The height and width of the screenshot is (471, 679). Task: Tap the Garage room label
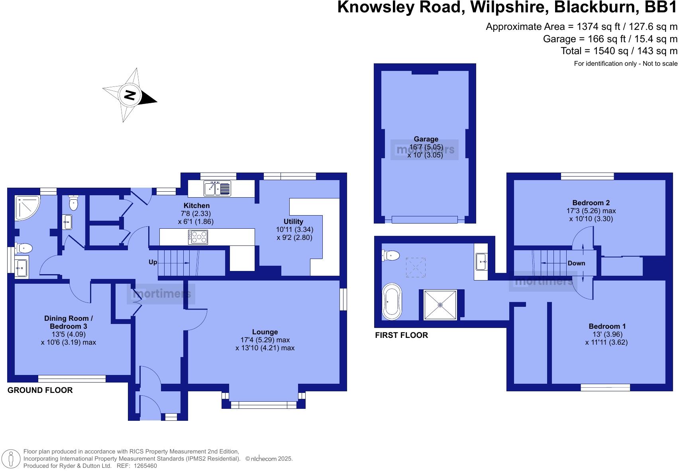click(x=426, y=139)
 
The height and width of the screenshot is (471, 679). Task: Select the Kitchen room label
click(x=196, y=206)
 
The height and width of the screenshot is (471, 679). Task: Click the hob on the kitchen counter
click(x=198, y=237)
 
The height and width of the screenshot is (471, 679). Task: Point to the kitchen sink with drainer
click(x=217, y=188)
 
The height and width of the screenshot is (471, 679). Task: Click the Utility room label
click(x=293, y=222)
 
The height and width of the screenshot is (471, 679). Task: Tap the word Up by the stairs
click(x=153, y=262)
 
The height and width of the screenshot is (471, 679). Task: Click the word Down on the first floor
click(x=576, y=263)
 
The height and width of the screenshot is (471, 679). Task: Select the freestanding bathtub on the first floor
click(x=392, y=302)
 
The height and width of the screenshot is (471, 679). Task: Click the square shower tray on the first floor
click(x=440, y=305)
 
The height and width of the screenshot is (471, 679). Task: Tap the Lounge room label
click(x=265, y=332)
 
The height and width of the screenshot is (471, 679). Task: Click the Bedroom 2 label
click(x=591, y=202)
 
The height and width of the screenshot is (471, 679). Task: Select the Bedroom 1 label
click(x=607, y=326)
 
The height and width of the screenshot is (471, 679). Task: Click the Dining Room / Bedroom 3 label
click(x=69, y=322)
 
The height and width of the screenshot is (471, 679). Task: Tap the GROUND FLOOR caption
click(x=40, y=390)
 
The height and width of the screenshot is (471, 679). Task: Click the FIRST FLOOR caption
click(x=401, y=335)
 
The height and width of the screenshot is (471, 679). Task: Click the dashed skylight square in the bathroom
click(x=416, y=267)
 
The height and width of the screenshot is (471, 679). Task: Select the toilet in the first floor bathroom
click(x=391, y=255)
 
